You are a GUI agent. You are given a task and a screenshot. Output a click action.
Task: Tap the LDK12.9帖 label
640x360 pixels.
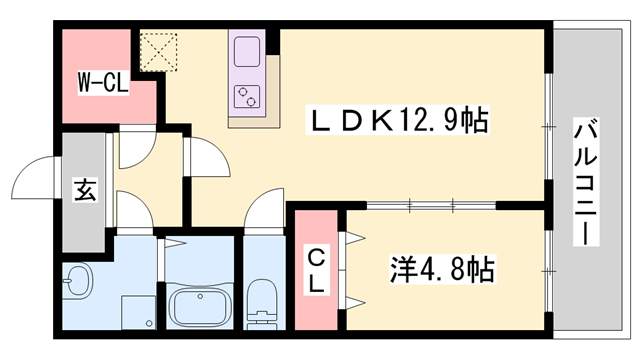pos(398,122)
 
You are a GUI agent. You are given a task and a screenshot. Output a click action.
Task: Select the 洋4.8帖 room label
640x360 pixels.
pos(442,270)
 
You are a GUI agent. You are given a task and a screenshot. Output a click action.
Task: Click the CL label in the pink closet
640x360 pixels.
pos(315,270)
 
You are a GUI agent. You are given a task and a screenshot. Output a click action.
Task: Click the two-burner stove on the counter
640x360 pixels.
pos(246,95)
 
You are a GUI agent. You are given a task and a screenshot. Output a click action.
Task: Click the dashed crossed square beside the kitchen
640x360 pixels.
pos(156,49)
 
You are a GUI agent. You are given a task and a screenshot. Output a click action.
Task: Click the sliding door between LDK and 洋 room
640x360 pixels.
pos(420,205)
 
